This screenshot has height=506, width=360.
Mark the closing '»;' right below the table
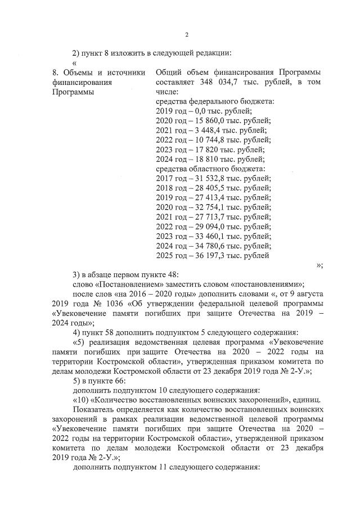tap(319, 265)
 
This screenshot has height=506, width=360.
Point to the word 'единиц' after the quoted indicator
tap(307, 400)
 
